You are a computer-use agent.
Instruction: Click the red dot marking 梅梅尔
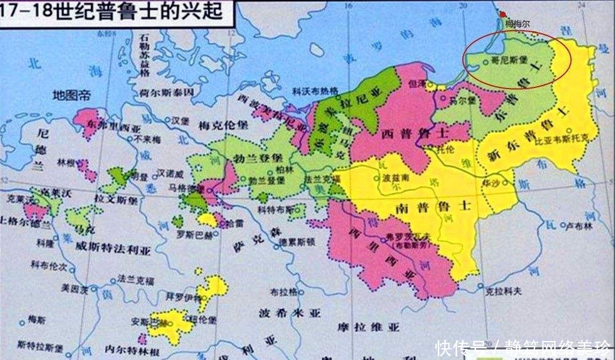[503, 14]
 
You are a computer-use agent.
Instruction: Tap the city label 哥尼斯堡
[497, 61]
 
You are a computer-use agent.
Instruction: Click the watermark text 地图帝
[71, 95]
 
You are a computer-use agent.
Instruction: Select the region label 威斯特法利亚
[108, 250]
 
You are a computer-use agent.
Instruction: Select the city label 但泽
[417, 82]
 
